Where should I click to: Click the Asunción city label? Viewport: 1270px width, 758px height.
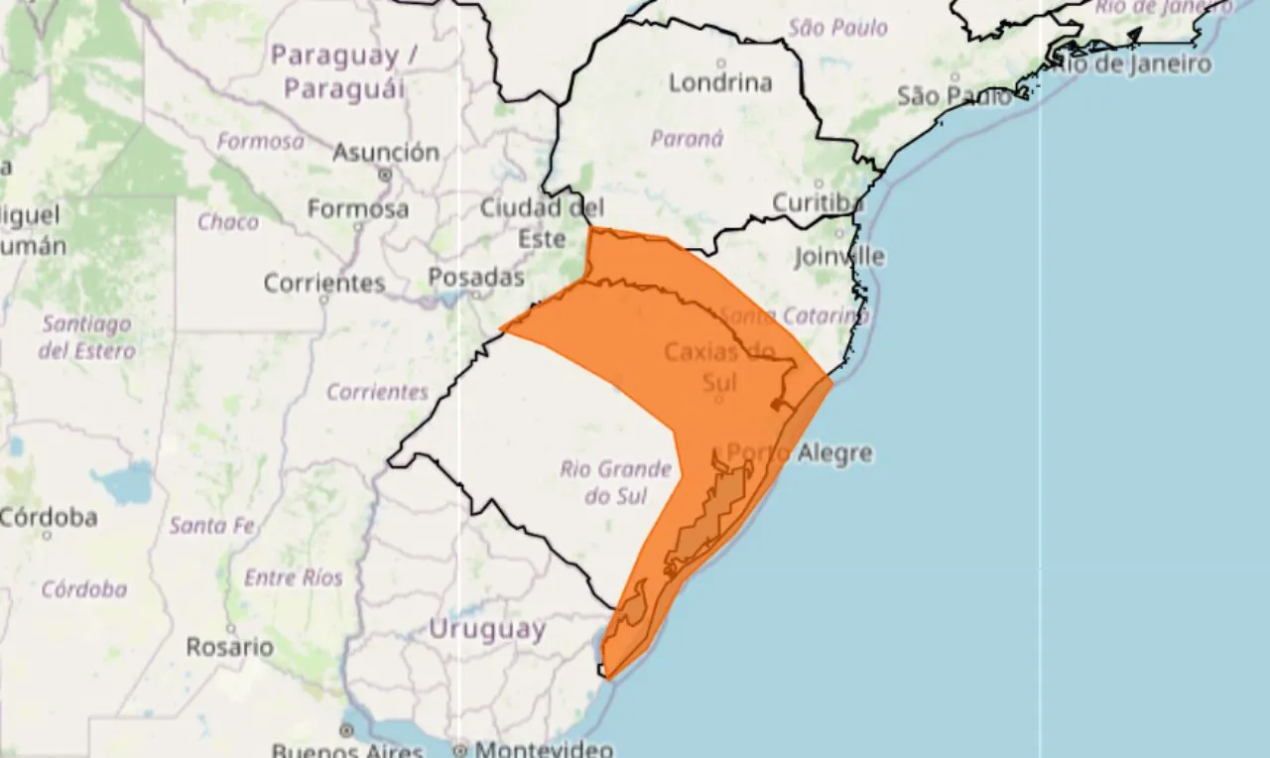click(386, 153)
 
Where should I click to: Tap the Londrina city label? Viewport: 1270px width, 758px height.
click(720, 82)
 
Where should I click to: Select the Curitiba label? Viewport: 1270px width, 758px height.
click(818, 202)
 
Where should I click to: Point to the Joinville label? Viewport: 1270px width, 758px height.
click(839, 256)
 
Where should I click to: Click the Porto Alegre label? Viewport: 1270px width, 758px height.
click(800, 453)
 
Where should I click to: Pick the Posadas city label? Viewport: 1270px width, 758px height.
click(476, 277)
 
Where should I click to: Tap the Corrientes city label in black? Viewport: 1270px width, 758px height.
click(323, 283)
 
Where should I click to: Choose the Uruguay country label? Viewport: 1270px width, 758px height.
click(487, 628)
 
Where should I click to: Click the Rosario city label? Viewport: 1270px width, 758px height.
click(230, 647)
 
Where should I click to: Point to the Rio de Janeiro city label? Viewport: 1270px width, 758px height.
click(1132, 64)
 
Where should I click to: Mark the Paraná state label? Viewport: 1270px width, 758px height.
click(687, 138)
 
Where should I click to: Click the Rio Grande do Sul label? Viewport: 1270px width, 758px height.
click(615, 481)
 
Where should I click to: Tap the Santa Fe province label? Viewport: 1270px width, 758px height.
click(212, 526)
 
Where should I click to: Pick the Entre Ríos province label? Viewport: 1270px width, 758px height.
click(294, 577)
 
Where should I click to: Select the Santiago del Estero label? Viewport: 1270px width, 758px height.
click(86, 337)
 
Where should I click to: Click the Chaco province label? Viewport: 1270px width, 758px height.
click(227, 221)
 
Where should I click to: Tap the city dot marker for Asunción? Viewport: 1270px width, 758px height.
click(385, 174)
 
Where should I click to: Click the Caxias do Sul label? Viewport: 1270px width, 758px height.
click(719, 365)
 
